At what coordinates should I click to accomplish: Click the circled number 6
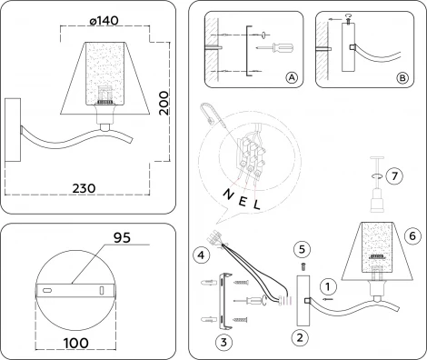click(410, 235)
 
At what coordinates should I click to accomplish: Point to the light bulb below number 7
click(372, 200)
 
